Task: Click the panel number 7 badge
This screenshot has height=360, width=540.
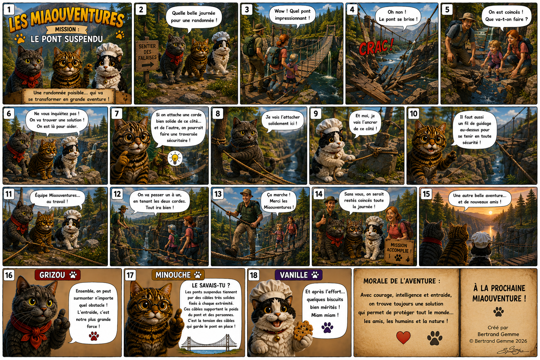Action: coord(117,114)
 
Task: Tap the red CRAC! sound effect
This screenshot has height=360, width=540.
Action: coord(376,47)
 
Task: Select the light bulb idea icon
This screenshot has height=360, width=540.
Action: coord(175,159)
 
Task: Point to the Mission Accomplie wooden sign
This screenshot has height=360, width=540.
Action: coord(399,251)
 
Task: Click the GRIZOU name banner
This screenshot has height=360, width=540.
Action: coord(58,275)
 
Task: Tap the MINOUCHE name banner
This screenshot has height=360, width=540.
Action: coord(178,275)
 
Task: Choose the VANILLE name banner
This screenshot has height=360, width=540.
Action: coord(298,275)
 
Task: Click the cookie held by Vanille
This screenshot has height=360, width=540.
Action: coord(303,330)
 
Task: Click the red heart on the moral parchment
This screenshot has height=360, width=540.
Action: coord(403,337)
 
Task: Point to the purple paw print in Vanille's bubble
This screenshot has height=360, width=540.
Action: coord(327,327)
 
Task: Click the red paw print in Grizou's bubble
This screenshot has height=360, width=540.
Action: coord(94,336)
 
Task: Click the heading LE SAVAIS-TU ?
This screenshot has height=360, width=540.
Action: coord(211,285)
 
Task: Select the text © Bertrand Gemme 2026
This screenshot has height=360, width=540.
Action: coord(498,341)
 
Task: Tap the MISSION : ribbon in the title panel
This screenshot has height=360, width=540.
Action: coord(66,30)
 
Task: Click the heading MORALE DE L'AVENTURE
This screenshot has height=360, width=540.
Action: coord(401,281)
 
